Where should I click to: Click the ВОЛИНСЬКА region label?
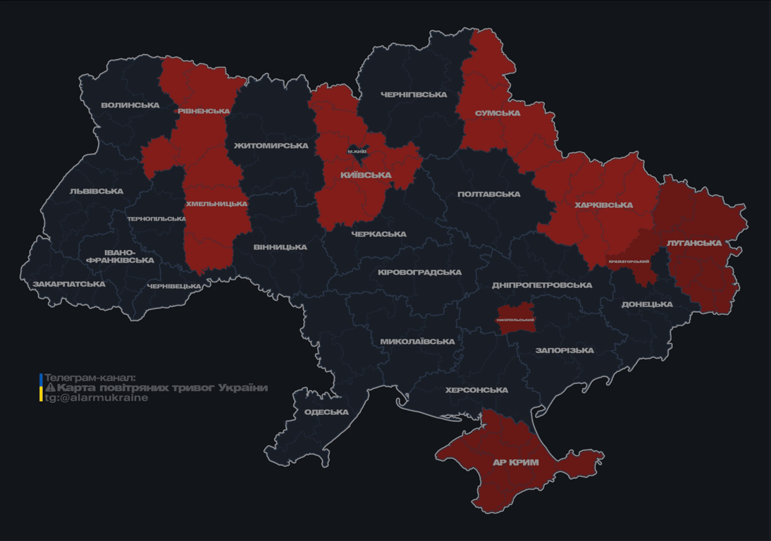tap(130, 106)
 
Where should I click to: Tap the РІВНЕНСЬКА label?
tap(204, 111)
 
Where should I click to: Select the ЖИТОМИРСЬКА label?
tap(271, 146)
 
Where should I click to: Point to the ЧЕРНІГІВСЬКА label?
tap(414, 94)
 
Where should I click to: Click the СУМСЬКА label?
tap(498, 113)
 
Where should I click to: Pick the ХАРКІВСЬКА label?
tap(603, 206)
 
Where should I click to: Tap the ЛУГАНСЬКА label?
tap(694, 243)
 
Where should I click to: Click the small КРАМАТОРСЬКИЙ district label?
tap(629, 261)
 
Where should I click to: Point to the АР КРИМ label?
tap(516, 463)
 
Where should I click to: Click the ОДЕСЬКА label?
tap(326, 412)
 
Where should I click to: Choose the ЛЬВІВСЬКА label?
tap(97, 192)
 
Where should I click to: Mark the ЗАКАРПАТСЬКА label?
tap(69, 285)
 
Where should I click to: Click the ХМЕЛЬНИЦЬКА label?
tap(216, 204)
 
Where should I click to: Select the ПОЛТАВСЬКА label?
tap(488, 194)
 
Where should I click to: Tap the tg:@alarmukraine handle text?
tap(97, 398)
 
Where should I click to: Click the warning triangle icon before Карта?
tap(50, 387)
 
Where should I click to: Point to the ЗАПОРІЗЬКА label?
tap(565, 350)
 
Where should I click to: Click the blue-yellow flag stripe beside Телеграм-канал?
tap(41, 387)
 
